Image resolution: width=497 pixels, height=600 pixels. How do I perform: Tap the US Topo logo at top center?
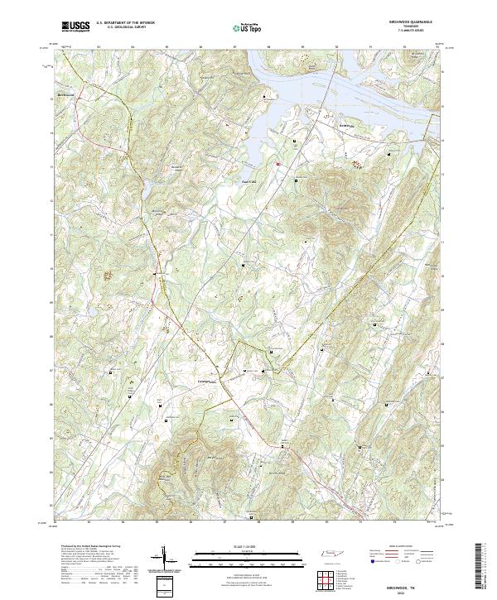[x=248, y=28]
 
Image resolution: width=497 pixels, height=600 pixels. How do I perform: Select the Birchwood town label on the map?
[x=66, y=95]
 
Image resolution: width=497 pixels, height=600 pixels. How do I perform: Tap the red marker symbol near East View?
[x=278, y=163]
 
